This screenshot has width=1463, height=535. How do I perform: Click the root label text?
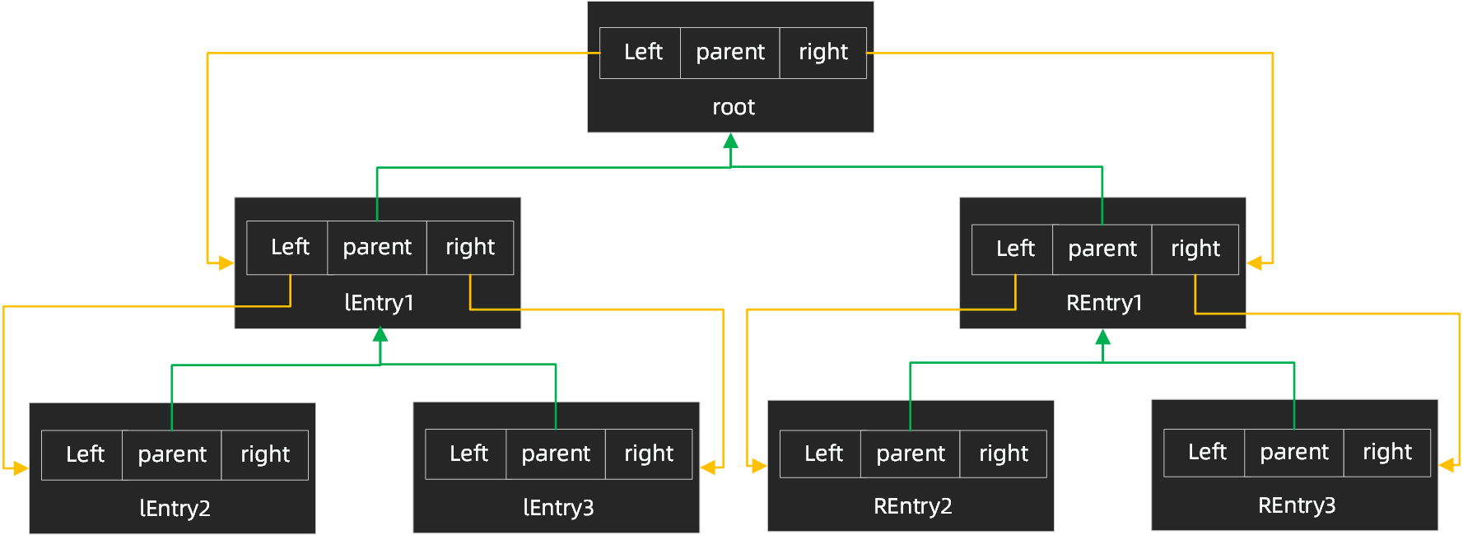733,107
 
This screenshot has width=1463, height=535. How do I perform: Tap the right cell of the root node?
822,53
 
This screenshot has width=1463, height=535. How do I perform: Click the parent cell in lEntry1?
377,248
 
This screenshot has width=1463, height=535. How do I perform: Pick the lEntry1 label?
379,303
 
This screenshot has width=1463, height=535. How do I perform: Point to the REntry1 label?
1103,303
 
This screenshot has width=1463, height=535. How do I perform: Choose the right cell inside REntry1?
1195,249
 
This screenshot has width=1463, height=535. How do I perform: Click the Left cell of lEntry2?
84,454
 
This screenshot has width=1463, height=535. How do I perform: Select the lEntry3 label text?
558,508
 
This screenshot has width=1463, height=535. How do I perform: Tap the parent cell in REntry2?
910,454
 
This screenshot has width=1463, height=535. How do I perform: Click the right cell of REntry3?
1386,452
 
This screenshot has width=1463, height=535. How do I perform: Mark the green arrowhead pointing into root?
730,141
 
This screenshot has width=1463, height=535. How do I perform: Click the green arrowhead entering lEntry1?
380,335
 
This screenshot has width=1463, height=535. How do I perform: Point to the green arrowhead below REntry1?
1103,337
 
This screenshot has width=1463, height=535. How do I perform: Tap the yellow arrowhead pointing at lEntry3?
708,468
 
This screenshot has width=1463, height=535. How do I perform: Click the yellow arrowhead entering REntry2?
759,466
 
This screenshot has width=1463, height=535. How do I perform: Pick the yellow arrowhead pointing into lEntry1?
226,263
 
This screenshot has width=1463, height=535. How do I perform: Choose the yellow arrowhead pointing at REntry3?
1447,466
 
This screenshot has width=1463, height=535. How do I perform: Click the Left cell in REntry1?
1014,249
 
